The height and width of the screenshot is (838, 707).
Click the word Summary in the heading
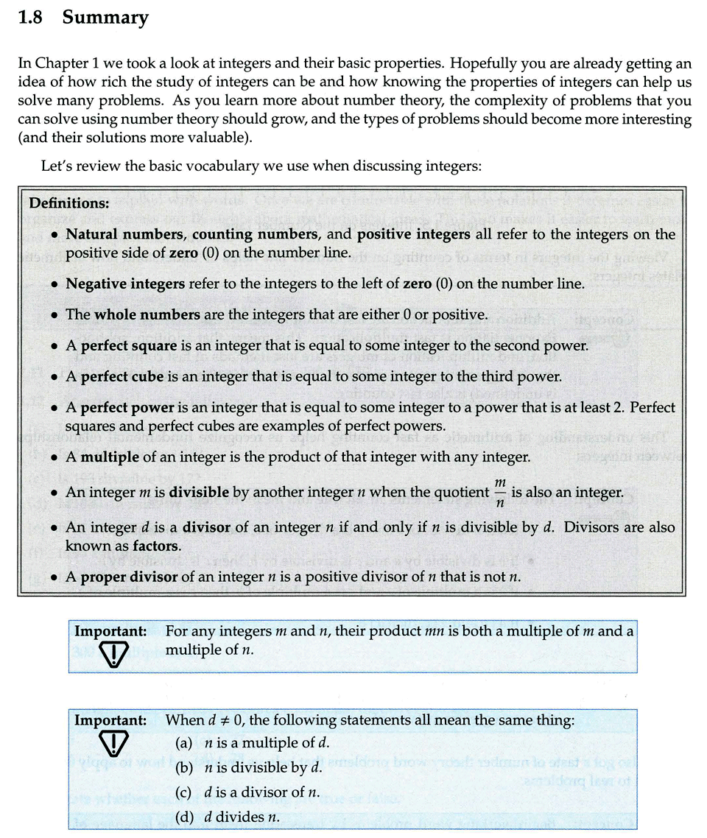[105, 18]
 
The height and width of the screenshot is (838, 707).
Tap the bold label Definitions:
[69, 203]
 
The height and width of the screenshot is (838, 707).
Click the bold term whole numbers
[147, 314]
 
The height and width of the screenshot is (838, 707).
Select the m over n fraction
[500, 492]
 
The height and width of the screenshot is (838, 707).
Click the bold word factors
[157, 546]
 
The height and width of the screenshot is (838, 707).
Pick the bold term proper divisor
[129, 577]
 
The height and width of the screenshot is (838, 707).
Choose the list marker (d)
[183, 817]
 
